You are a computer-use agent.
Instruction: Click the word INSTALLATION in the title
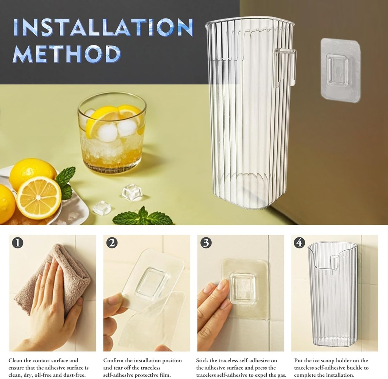(x=103, y=27)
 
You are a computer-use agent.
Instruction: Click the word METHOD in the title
(x=67, y=54)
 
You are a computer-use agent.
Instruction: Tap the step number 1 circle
(x=17, y=243)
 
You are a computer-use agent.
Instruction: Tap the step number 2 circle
(x=112, y=243)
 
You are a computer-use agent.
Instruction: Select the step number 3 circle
(x=206, y=243)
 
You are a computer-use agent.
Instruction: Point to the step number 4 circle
(x=299, y=243)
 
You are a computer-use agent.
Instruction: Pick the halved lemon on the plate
(x=39, y=198)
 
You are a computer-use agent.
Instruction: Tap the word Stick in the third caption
(x=202, y=360)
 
